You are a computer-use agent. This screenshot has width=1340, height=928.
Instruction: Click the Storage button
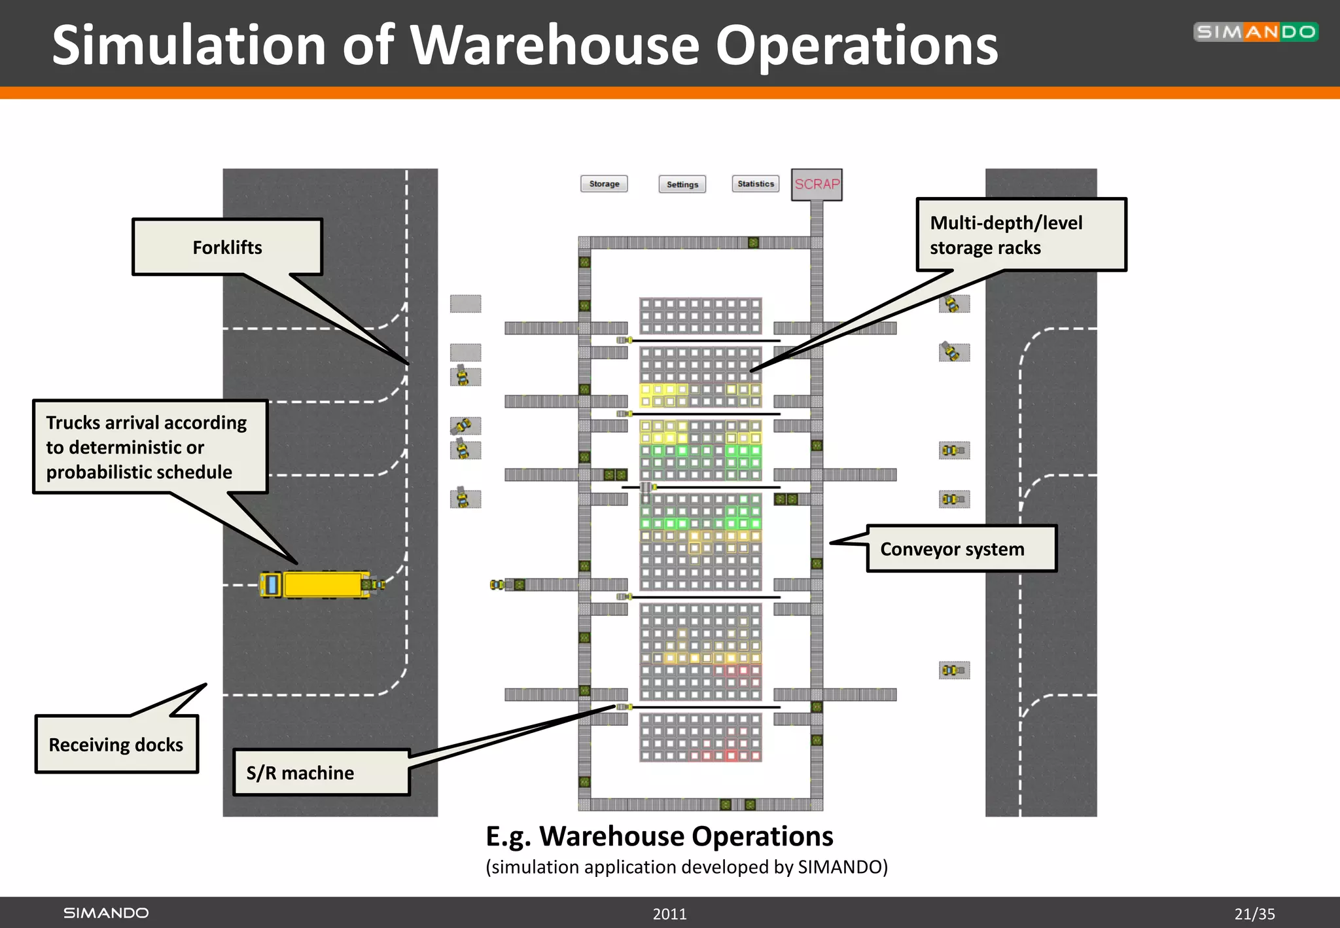(604, 184)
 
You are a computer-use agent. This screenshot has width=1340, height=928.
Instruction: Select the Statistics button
(756, 184)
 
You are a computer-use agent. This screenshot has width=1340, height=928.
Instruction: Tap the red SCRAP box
(817, 185)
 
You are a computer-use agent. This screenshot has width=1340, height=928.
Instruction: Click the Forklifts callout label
(227, 247)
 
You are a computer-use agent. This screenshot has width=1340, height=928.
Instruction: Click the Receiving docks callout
(116, 745)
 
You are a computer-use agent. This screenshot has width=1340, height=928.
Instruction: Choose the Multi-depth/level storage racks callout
(1021, 235)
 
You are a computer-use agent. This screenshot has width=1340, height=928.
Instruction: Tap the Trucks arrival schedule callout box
(150, 447)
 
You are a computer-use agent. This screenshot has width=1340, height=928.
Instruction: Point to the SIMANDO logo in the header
(1256, 32)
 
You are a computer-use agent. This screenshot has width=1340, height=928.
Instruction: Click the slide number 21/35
(1254, 914)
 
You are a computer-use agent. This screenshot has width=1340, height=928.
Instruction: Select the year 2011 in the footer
(669, 914)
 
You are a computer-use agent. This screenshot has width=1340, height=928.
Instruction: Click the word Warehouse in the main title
(554, 45)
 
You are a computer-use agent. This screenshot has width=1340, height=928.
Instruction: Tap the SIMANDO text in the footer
(106, 913)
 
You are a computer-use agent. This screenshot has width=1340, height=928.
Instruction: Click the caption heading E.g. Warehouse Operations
(659, 836)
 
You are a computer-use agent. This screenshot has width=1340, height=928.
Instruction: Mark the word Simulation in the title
(188, 45)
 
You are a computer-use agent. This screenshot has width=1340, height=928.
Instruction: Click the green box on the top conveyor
(753, 243)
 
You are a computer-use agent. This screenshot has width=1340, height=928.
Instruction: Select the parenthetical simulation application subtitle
(686, 867)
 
